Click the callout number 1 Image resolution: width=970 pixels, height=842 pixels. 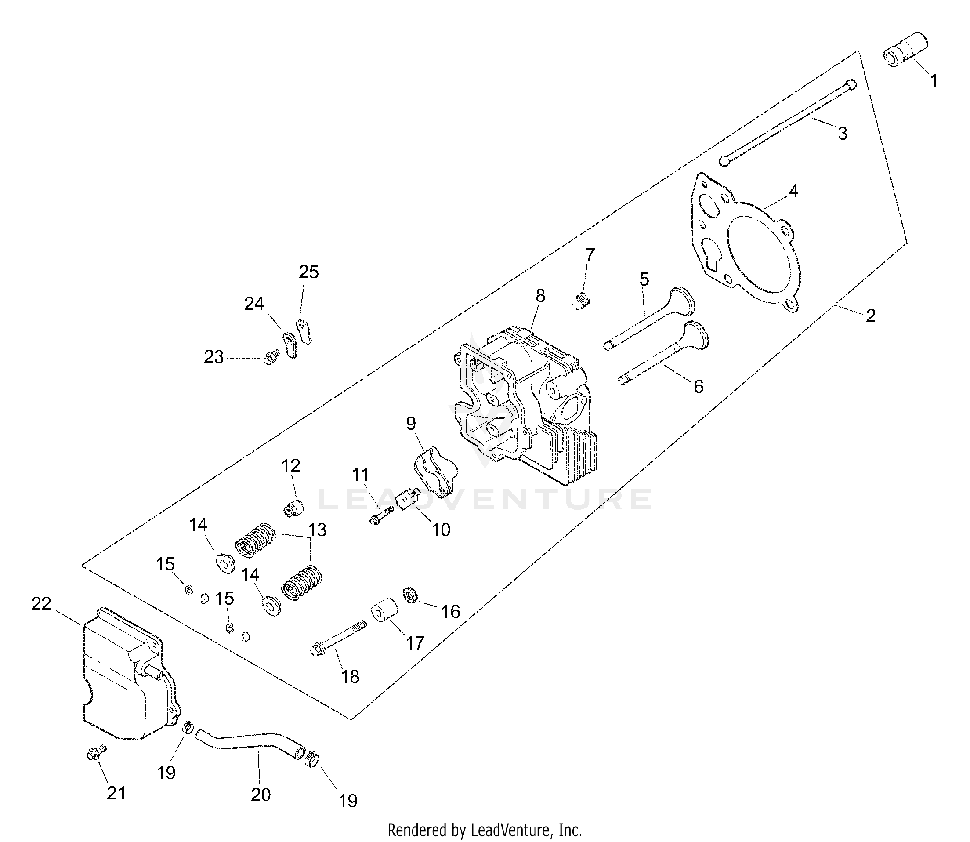[x=934, y=81]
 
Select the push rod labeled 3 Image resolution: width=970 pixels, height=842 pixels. [x=789, y=122]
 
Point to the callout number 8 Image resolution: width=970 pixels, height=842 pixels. [x=540, y=296]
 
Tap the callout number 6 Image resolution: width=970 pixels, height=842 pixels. [x=698, y=386]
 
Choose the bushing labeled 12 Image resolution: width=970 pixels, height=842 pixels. [x=294, y=508]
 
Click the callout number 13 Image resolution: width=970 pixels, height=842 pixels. [x=317, y=530]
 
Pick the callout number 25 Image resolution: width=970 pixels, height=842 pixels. [x=308, y=272]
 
